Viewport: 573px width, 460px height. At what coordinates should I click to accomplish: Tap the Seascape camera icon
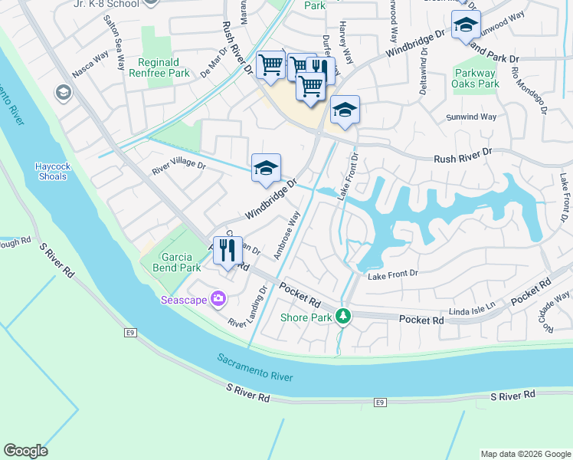(x=219, y=299)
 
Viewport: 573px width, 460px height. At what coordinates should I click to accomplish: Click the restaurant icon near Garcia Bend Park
(x=228, y=250)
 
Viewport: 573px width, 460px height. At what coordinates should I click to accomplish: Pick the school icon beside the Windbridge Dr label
(x=266, y=168)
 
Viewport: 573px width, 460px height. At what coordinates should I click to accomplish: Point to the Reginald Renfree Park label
(x=163, y=68)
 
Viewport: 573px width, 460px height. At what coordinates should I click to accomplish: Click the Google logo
(x=25, y=451)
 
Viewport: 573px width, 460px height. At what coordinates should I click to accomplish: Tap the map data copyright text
(x=526, y=454)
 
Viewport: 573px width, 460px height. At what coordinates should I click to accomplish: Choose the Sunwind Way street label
(x=471, y=117)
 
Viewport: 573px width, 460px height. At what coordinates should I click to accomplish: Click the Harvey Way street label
(x=346, y=44)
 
